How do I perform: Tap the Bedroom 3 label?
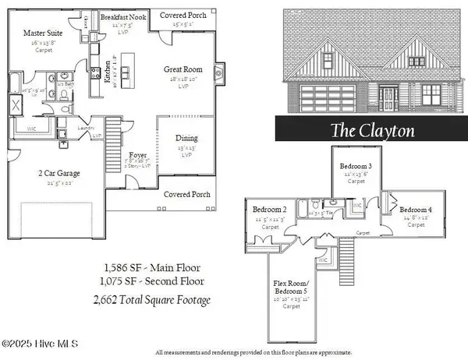pos(355,167)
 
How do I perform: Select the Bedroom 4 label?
pos(415,210)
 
